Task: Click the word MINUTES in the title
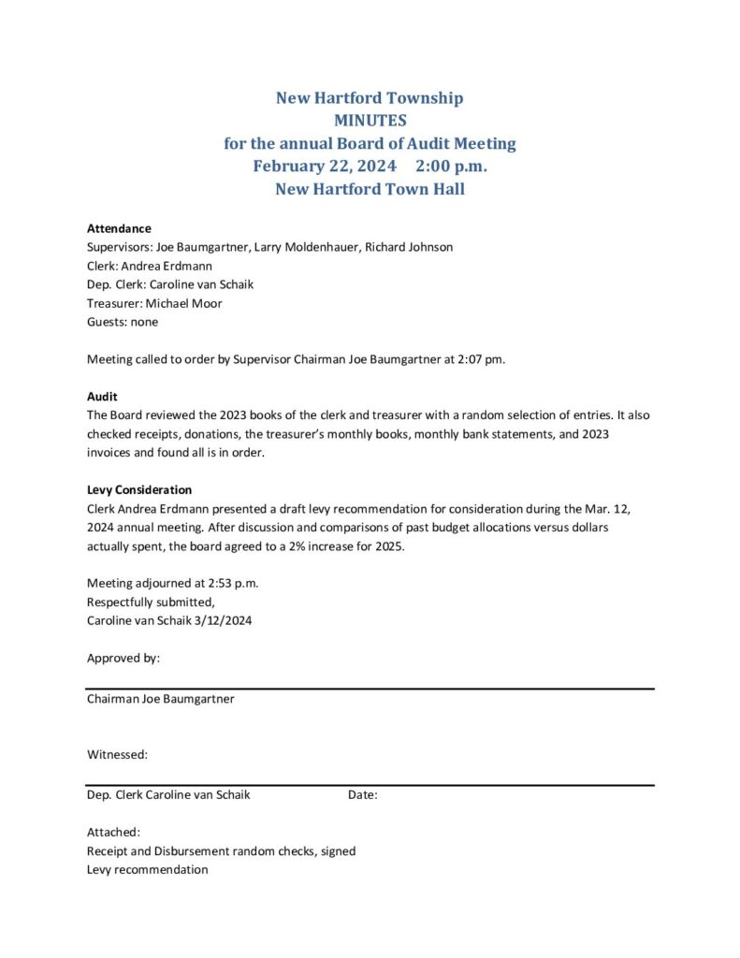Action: tap(370, 121)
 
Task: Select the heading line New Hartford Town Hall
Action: tap(370, 189)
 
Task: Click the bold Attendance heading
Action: tap(119, 228)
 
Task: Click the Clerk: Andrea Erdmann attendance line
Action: tap(150, 266)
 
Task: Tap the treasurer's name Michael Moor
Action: tap(184, 303)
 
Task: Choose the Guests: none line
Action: tap(123, 322)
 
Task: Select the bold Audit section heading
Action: tap(102, 397)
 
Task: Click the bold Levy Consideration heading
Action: tap(139, 490)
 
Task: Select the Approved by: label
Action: tap(123, 658)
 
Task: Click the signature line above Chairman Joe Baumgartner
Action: tap(370, 689)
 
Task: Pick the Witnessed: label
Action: tap(118, 754)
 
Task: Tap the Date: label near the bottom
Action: tap(363, 795)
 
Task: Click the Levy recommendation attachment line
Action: tap(148, 870)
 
